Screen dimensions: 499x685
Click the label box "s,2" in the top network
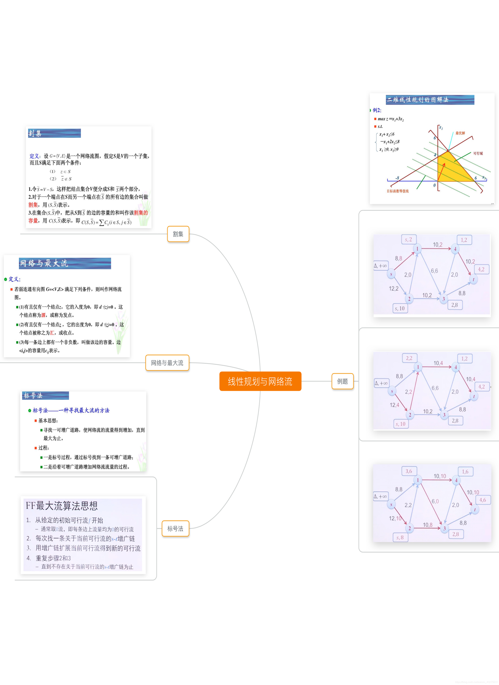coord(408,240)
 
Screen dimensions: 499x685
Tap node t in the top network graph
coord(473,279)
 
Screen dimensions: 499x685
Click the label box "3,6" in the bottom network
coord(409,471)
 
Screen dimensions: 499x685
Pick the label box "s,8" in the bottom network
coord(400,537)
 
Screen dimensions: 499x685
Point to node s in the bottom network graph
coord(391,504)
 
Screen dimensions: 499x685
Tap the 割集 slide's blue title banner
coord(54,133)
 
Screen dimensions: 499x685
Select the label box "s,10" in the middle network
coord(400,424)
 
